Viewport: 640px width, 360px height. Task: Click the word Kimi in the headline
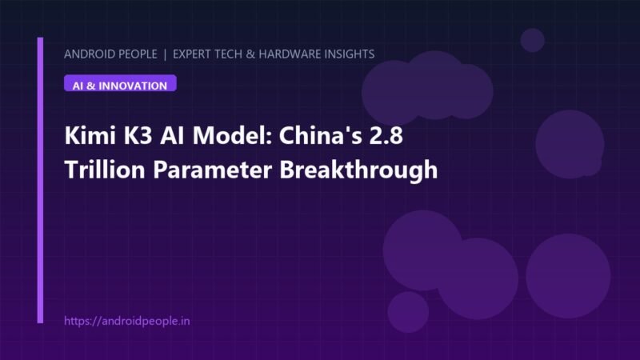click(90, 135)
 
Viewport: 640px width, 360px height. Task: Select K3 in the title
click(138, 135)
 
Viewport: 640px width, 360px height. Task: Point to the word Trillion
click(105, 169)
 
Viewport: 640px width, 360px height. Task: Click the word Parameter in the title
click(212, 169)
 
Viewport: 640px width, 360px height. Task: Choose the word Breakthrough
click(358, 170)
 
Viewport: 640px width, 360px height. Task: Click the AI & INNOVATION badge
click(120, 83)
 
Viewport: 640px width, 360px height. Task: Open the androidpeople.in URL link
click(127, 321)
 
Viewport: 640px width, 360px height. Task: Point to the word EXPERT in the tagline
click(192, 54)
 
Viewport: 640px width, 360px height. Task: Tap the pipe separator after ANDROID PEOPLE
click(165, 54)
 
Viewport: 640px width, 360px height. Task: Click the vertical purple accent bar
click(40, 180)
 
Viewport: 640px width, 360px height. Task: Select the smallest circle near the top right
click(532, 40)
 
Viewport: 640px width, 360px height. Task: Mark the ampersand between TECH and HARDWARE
click(250, 54)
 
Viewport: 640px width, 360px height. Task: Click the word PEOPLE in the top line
click(136, 54)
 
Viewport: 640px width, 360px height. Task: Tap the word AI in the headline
click(172, 135)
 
